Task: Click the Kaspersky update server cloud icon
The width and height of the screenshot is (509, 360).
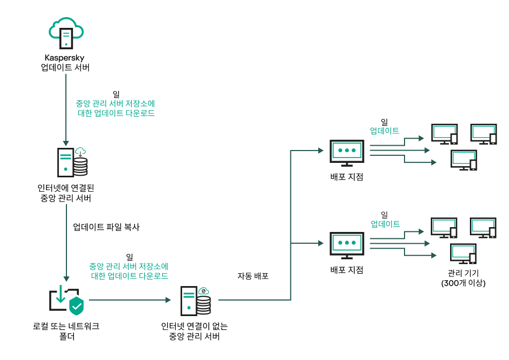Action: (66, 33)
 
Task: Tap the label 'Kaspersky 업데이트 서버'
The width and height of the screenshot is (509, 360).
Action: (65, 63)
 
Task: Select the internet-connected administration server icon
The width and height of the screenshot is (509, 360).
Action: (72, 161)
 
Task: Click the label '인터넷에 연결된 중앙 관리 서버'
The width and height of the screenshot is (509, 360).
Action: (65, 193)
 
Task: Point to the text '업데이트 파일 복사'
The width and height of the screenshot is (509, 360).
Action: (106, 227)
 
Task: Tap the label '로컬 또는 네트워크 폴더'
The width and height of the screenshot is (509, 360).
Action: (65, 331)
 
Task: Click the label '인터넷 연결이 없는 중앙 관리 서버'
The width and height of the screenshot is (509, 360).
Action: (198, 331)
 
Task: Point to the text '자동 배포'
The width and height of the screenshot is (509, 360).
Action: (253, 276)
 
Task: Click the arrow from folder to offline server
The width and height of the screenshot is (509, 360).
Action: (129, 300)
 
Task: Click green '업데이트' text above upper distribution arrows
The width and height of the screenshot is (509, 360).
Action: (385, 131)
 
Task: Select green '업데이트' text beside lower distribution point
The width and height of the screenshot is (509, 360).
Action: (385, 224)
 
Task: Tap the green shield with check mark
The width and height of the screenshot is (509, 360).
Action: (77, 306)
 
